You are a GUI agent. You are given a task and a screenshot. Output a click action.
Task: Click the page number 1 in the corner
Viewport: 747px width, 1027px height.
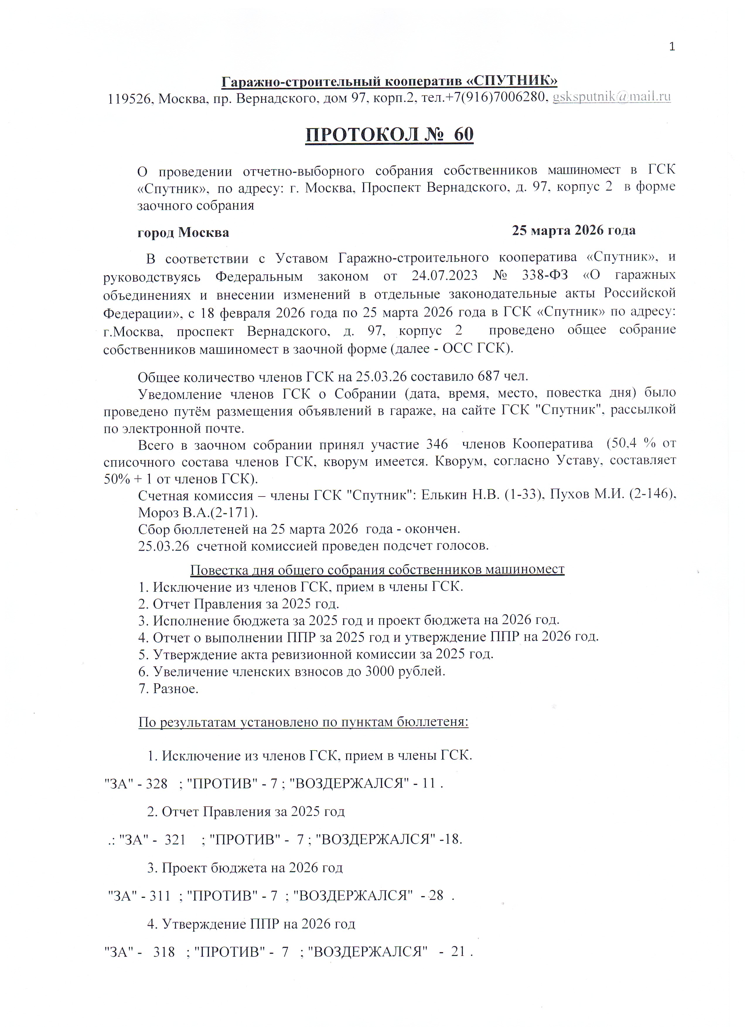coord(672,47)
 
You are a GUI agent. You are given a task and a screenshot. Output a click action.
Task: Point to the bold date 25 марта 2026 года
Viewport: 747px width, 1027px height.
coord(574,230)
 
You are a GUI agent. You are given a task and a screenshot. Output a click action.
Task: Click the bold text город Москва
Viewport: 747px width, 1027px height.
coord(183,233)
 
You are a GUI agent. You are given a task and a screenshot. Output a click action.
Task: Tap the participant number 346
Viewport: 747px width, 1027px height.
coord(437,444)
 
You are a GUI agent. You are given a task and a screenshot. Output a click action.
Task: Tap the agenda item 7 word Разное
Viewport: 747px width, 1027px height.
coord(176,689)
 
